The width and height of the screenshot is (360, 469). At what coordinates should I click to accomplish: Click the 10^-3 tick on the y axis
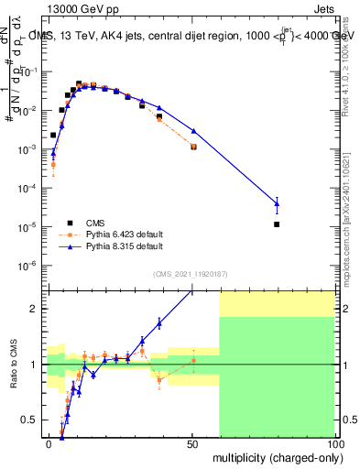[x=33, y=149]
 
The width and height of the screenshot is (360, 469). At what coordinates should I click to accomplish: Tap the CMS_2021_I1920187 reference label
[x=190, y=274]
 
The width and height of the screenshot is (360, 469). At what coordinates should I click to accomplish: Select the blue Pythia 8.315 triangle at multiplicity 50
[x=193, y=131]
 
